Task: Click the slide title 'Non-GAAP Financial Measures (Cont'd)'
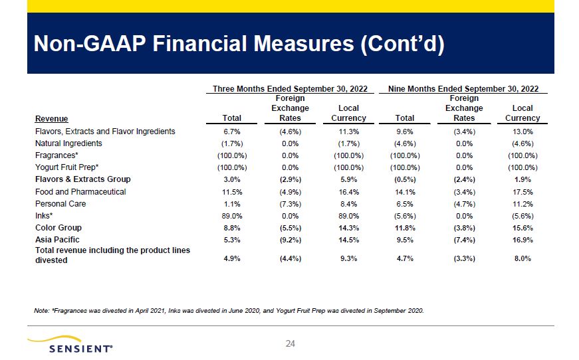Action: coord(239,44)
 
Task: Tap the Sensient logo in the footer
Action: coord(70,345)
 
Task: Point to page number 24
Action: coord(290,344)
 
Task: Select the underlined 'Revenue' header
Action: coord(51,119)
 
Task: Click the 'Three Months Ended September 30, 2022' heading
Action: coord(290,89)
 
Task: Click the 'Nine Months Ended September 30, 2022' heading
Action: coord(463,89)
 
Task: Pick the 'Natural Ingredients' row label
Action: coord(68,143)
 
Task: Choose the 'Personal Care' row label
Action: coord(60,204)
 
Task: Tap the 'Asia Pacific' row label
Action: coord(57,240)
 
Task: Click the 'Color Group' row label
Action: coord(58,228)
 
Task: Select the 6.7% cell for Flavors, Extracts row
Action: coord(232,132)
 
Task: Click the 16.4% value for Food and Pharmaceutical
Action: coord(348,192)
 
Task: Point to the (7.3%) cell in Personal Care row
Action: coord(290,204)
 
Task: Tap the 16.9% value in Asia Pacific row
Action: coord(522,240)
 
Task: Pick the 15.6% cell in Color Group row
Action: coord(522,228)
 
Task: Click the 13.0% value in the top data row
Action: coord(522,132)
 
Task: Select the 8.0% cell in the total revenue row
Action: coord(522,258)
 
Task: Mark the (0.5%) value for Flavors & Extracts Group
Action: coord(405,179)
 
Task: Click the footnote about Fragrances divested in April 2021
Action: coord(229,311)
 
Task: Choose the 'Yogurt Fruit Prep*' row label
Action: coord(67,167)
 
